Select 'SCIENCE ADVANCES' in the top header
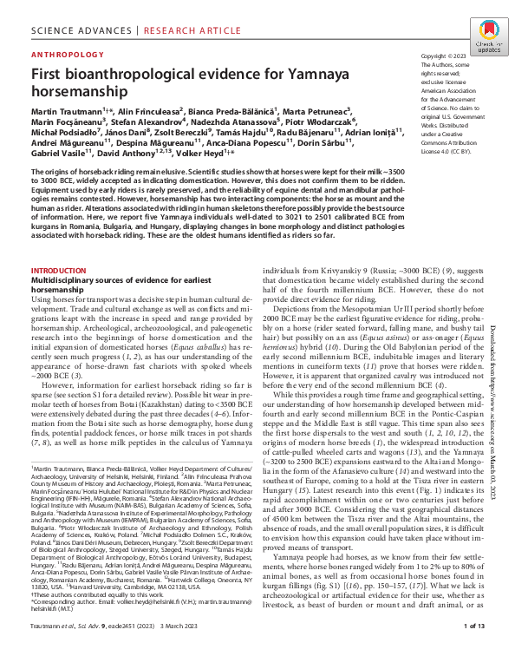coord(73,16)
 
